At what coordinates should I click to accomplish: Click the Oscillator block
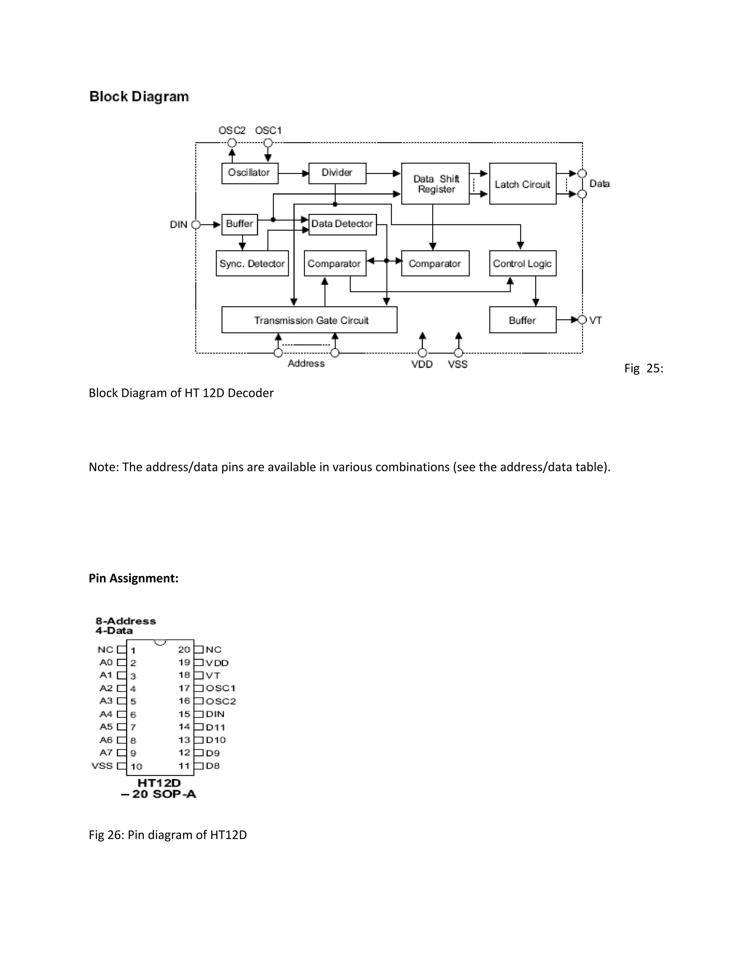[249, 173]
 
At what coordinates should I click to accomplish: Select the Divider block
[337, 173]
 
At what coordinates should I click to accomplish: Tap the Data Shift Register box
[435, 184]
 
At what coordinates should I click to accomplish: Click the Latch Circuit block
[523, 184]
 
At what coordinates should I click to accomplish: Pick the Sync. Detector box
[252, 263]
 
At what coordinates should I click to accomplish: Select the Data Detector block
[342, 224]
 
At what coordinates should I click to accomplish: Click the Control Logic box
[523, 263]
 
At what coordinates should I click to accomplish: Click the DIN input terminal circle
[196, 225]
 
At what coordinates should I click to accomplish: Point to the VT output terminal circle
[582, 320]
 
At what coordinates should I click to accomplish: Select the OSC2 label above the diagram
[232, 131]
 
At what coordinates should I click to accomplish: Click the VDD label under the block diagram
[422, 365]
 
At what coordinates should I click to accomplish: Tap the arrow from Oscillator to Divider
[293, 173]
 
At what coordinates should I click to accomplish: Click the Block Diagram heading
[139, 97]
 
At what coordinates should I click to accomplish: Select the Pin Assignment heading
[133, 578]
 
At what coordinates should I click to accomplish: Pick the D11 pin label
[216, 727]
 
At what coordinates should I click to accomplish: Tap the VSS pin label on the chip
[102, 766]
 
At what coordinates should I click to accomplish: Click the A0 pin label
[106, 662]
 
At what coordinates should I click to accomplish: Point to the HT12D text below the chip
[159, 783]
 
